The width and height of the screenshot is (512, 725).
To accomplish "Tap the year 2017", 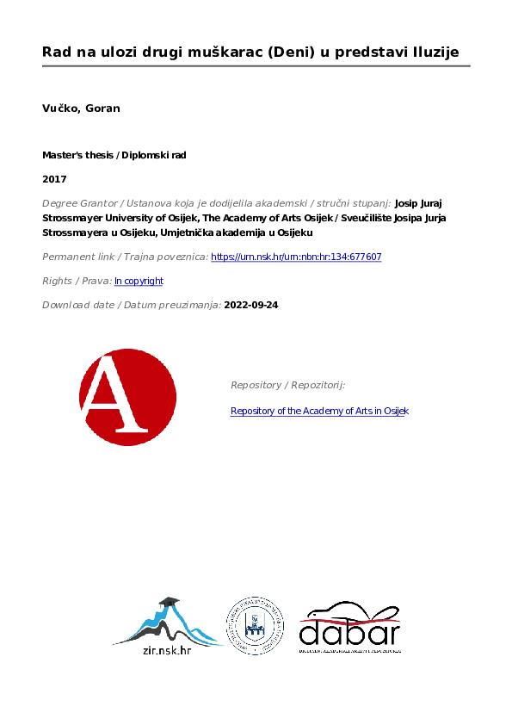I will coord(54,179).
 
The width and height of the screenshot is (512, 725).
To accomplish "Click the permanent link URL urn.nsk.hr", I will coord(296,257).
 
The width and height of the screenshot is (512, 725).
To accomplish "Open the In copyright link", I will coord(139,281).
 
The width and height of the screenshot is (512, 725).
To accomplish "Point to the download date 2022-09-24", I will coord(251,305).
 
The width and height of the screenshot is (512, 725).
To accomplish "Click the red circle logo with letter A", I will coord(127,398).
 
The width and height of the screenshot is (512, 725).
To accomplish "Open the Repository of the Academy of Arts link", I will coord(319,411).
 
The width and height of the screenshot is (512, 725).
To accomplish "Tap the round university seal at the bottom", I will coord(255,626).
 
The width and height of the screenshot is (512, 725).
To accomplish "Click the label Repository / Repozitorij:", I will coord(287,385).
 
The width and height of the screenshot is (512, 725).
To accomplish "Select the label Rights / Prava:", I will coord(77,281).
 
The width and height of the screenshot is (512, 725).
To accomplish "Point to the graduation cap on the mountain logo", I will coord(169,601).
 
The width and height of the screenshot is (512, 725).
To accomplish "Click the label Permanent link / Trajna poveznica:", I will coord(125,257).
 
